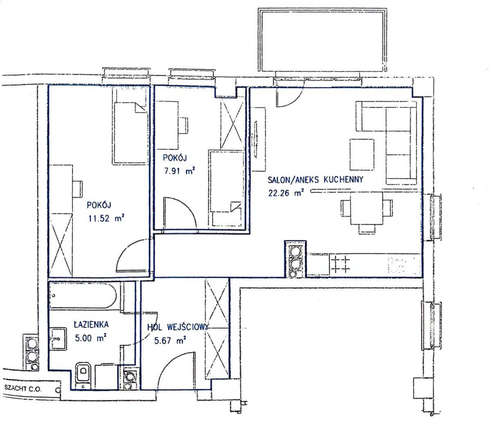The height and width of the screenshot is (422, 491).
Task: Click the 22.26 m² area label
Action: (x=286, y=192)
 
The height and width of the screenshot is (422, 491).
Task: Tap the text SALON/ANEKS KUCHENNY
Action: (x=315, y=180)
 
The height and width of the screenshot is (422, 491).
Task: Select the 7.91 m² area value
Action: (x=180, y=171)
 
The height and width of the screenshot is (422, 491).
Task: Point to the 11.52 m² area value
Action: (x=106, y=218)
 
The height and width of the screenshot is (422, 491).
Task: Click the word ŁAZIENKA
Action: (x=91, y=324)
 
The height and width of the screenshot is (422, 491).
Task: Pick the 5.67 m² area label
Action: (x=170, y=341)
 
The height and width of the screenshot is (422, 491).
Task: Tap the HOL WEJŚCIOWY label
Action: (x=178, y=327)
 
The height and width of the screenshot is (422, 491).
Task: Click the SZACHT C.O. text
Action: (x=23, y=389)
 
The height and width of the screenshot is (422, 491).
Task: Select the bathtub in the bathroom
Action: (x=83, y=296)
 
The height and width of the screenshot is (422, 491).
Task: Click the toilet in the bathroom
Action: (x=83, y=375)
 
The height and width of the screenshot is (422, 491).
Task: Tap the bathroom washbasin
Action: (x=58, y=339)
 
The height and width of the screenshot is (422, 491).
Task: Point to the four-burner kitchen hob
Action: (x=340, y=265)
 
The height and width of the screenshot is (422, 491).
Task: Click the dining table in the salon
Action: (x=367, y=208)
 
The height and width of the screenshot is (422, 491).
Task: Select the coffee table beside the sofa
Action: (x=362, y=154)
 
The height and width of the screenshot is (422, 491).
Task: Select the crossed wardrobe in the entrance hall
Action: (x=216, y=329)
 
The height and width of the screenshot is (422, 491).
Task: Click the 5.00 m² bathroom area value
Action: (x=90, y=338)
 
